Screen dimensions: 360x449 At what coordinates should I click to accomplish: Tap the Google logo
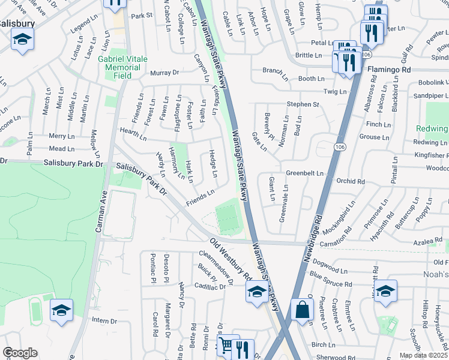pyautogui.click(x=20, y=353)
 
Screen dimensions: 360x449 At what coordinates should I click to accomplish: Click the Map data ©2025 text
pyautogui.click(x=423, y=355)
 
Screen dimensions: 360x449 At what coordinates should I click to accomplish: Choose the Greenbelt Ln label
pyautogui.click(x=304, y=173)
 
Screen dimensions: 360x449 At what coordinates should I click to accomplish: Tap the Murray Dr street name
pyautogui.click(x=164, y=73)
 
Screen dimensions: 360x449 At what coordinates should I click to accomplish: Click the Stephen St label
pyautogui.click(x=303, y=104)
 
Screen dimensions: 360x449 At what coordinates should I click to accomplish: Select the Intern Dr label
pyautogui.click(x=104, y=320)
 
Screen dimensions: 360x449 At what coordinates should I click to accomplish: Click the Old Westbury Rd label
pyautogui.click(x=231, y=260)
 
